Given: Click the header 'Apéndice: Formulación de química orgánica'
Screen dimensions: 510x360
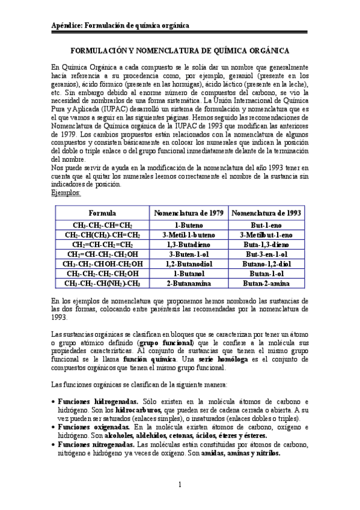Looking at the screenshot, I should [x=120, y=26].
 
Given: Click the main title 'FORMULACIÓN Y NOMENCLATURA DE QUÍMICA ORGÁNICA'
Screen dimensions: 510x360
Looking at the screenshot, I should [x=180, y=52].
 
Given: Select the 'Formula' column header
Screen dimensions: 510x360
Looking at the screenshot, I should [x=102, y=214].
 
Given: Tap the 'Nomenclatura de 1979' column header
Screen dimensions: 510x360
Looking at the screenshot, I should [x=189, y=214].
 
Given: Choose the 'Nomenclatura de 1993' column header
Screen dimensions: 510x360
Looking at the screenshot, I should [x=266, y=214].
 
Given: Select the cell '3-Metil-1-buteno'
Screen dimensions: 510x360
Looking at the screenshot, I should [x=189, y=235].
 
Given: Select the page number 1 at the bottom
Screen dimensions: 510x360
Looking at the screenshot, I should [x=180, y=485].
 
